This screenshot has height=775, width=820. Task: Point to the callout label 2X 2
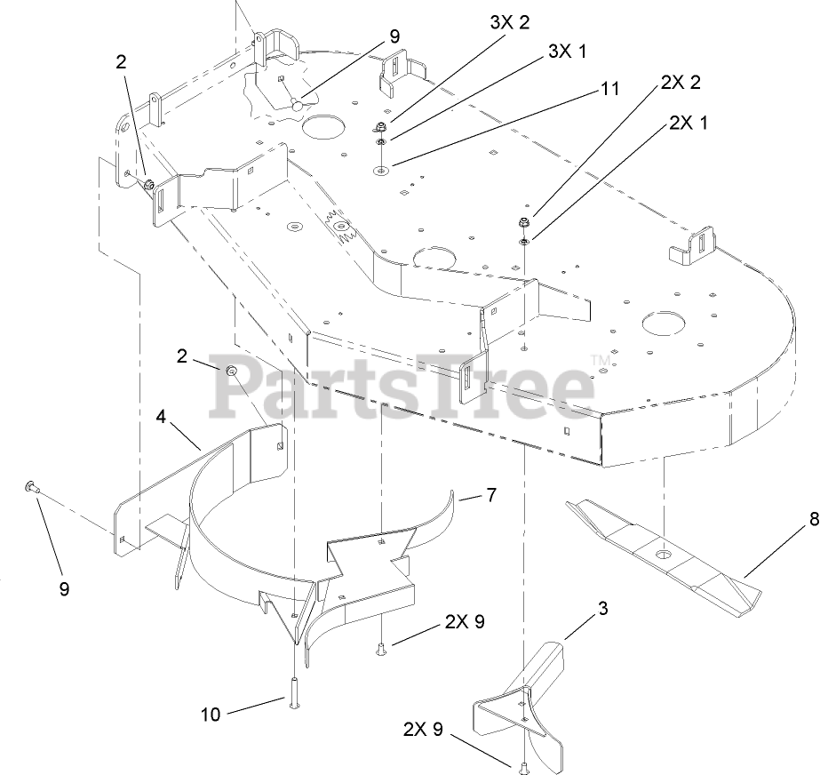681,83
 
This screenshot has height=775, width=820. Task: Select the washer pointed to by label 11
380,168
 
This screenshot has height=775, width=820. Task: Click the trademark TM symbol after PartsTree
599,359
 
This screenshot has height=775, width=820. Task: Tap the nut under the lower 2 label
231,371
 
